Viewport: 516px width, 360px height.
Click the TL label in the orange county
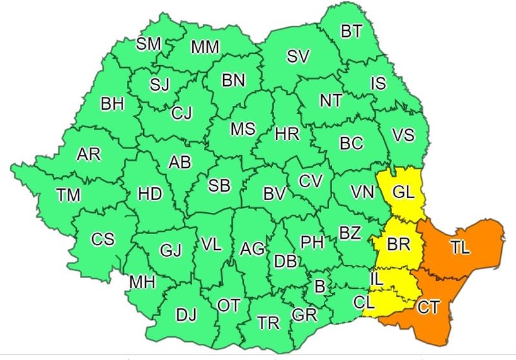tap(460, 250)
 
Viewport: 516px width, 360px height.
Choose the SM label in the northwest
tap(148, 43)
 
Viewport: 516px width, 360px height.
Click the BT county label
tap(351, 31)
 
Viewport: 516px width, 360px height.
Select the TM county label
tap(68, 194)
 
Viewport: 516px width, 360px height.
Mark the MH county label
tap(142, 282)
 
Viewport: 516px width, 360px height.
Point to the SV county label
tap(298, 56)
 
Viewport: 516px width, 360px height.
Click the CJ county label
tap(181, 113)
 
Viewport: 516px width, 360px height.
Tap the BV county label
tap(275, 192)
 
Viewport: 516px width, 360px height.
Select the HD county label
tap(150, 194)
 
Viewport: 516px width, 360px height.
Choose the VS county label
tap(403, 135)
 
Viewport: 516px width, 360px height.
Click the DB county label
tap(285, 260)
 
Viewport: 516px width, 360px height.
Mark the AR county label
tap(88, 154)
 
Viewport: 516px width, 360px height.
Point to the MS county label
tap(243, 128)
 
